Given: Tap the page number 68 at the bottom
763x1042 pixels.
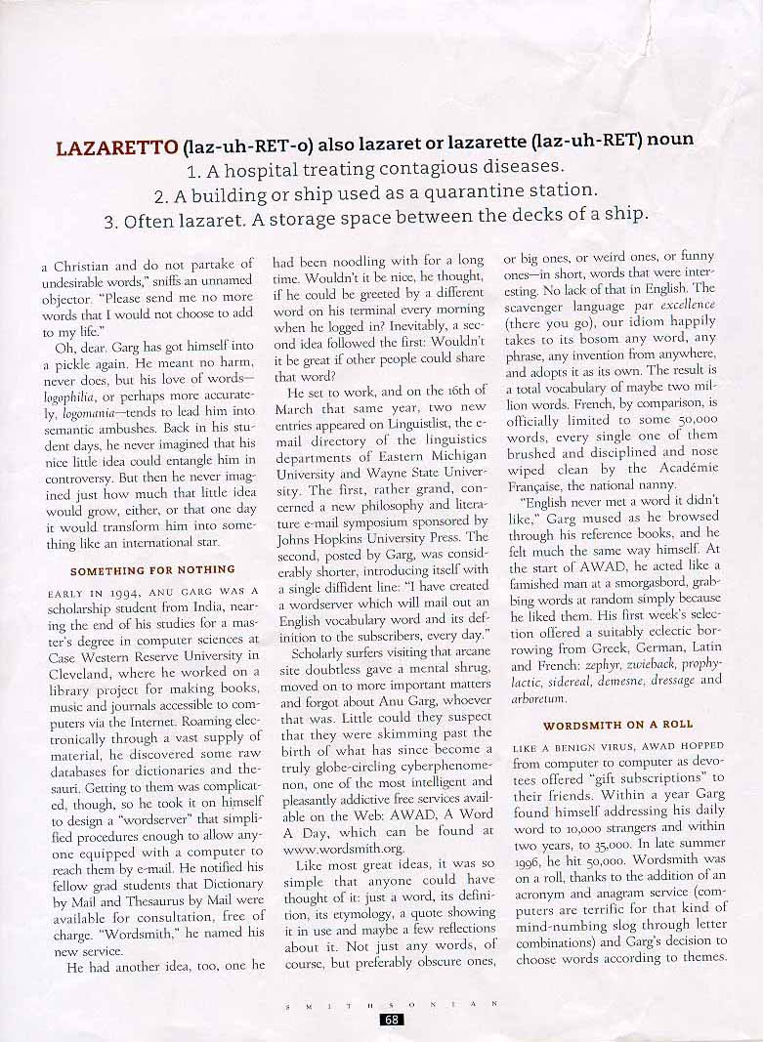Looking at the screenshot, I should tap(391, 1020).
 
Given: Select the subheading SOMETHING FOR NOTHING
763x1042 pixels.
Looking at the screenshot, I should tap(152, 569).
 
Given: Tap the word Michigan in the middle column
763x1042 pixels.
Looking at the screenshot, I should tap(454, 455).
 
